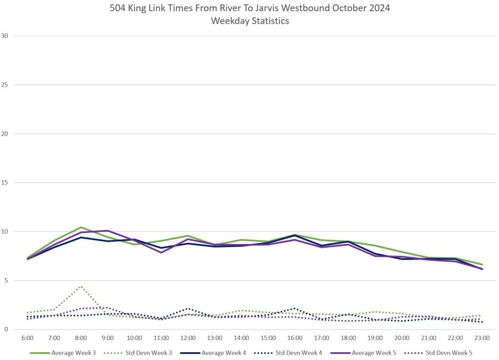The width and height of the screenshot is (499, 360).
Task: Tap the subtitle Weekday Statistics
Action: (249, 21)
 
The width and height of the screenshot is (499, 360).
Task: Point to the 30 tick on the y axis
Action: (5, 36)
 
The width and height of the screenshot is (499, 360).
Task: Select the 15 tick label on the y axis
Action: (5, 183)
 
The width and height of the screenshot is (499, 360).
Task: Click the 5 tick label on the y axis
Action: (7, 281)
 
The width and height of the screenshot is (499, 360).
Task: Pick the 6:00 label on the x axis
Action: (27, 338)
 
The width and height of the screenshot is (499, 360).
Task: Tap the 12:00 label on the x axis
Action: (188, 338)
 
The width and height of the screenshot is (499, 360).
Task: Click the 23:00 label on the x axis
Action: (482, 338)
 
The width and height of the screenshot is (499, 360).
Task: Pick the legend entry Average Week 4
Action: (222, 353)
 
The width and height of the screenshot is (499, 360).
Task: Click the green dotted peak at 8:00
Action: (81, 286)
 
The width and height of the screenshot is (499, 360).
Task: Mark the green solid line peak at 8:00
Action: (81, 227)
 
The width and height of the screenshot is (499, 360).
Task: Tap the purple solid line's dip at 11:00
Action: (161, 252)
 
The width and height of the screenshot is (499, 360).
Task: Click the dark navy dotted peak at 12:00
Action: (188, 308)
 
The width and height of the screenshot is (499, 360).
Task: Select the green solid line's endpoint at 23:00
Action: (482, 265)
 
